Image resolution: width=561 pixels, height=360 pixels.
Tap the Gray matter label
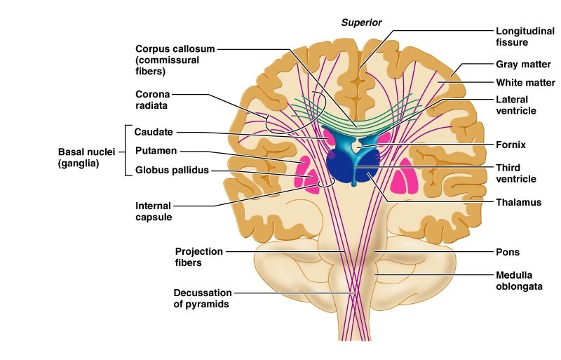520,65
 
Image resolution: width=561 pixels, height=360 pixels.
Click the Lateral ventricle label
516,105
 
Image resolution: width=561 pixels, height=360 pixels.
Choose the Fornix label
511,145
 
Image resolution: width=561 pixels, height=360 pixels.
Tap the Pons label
507,251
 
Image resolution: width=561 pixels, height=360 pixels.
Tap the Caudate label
154,131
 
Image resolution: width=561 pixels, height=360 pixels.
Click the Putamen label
156,150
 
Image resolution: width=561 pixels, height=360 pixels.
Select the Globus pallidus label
173,170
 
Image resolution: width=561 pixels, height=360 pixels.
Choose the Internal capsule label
154,211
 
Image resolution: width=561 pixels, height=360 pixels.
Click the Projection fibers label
198,257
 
